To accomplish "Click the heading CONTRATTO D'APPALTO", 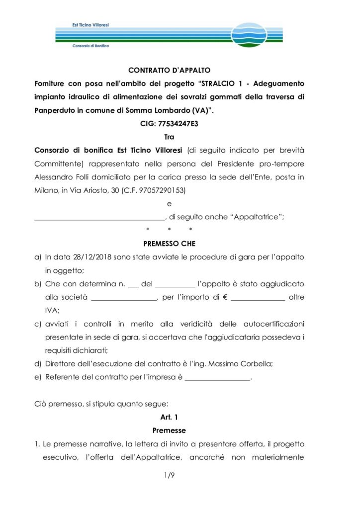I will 169,71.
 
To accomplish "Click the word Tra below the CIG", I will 169,136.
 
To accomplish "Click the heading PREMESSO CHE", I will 169,244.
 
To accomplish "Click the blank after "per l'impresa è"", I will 217,378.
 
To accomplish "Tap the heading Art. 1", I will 169,417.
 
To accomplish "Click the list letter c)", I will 37,324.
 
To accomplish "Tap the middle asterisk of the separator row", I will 170,230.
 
